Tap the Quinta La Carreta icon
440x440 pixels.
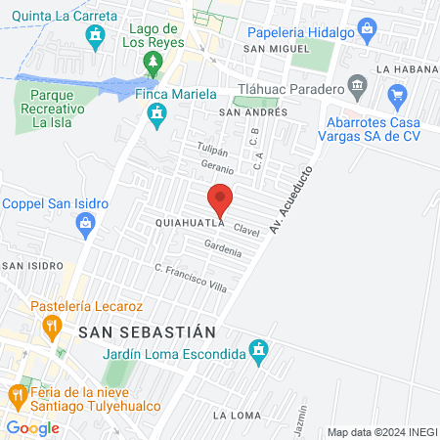tap(95, 38)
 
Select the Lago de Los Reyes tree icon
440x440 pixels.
tap(152, 64)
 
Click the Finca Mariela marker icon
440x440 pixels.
tap(154, 116)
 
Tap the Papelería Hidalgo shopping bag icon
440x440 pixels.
tap(367, 30)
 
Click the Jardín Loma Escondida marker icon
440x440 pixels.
tap(258, 349)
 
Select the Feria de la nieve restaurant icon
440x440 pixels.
tap(17, 394)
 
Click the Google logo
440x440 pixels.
tap(32, 427)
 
